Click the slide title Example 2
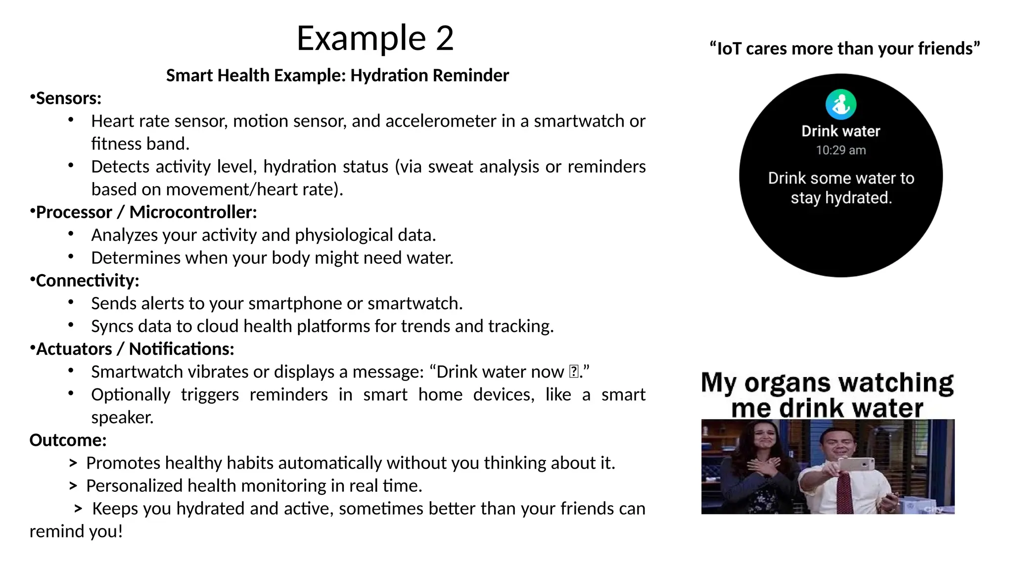(375, 38)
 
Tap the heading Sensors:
(68, 98)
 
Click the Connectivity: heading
(88, 281)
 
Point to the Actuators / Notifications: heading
(135, 349)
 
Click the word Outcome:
(68, 440)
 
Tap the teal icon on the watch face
(841, 104)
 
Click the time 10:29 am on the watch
(841, 150)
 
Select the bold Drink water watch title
(841, 131)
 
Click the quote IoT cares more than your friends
(844, 48)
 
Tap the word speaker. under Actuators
(122, 418)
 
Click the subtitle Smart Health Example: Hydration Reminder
(337, 76)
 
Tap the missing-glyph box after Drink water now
(574, 372)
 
